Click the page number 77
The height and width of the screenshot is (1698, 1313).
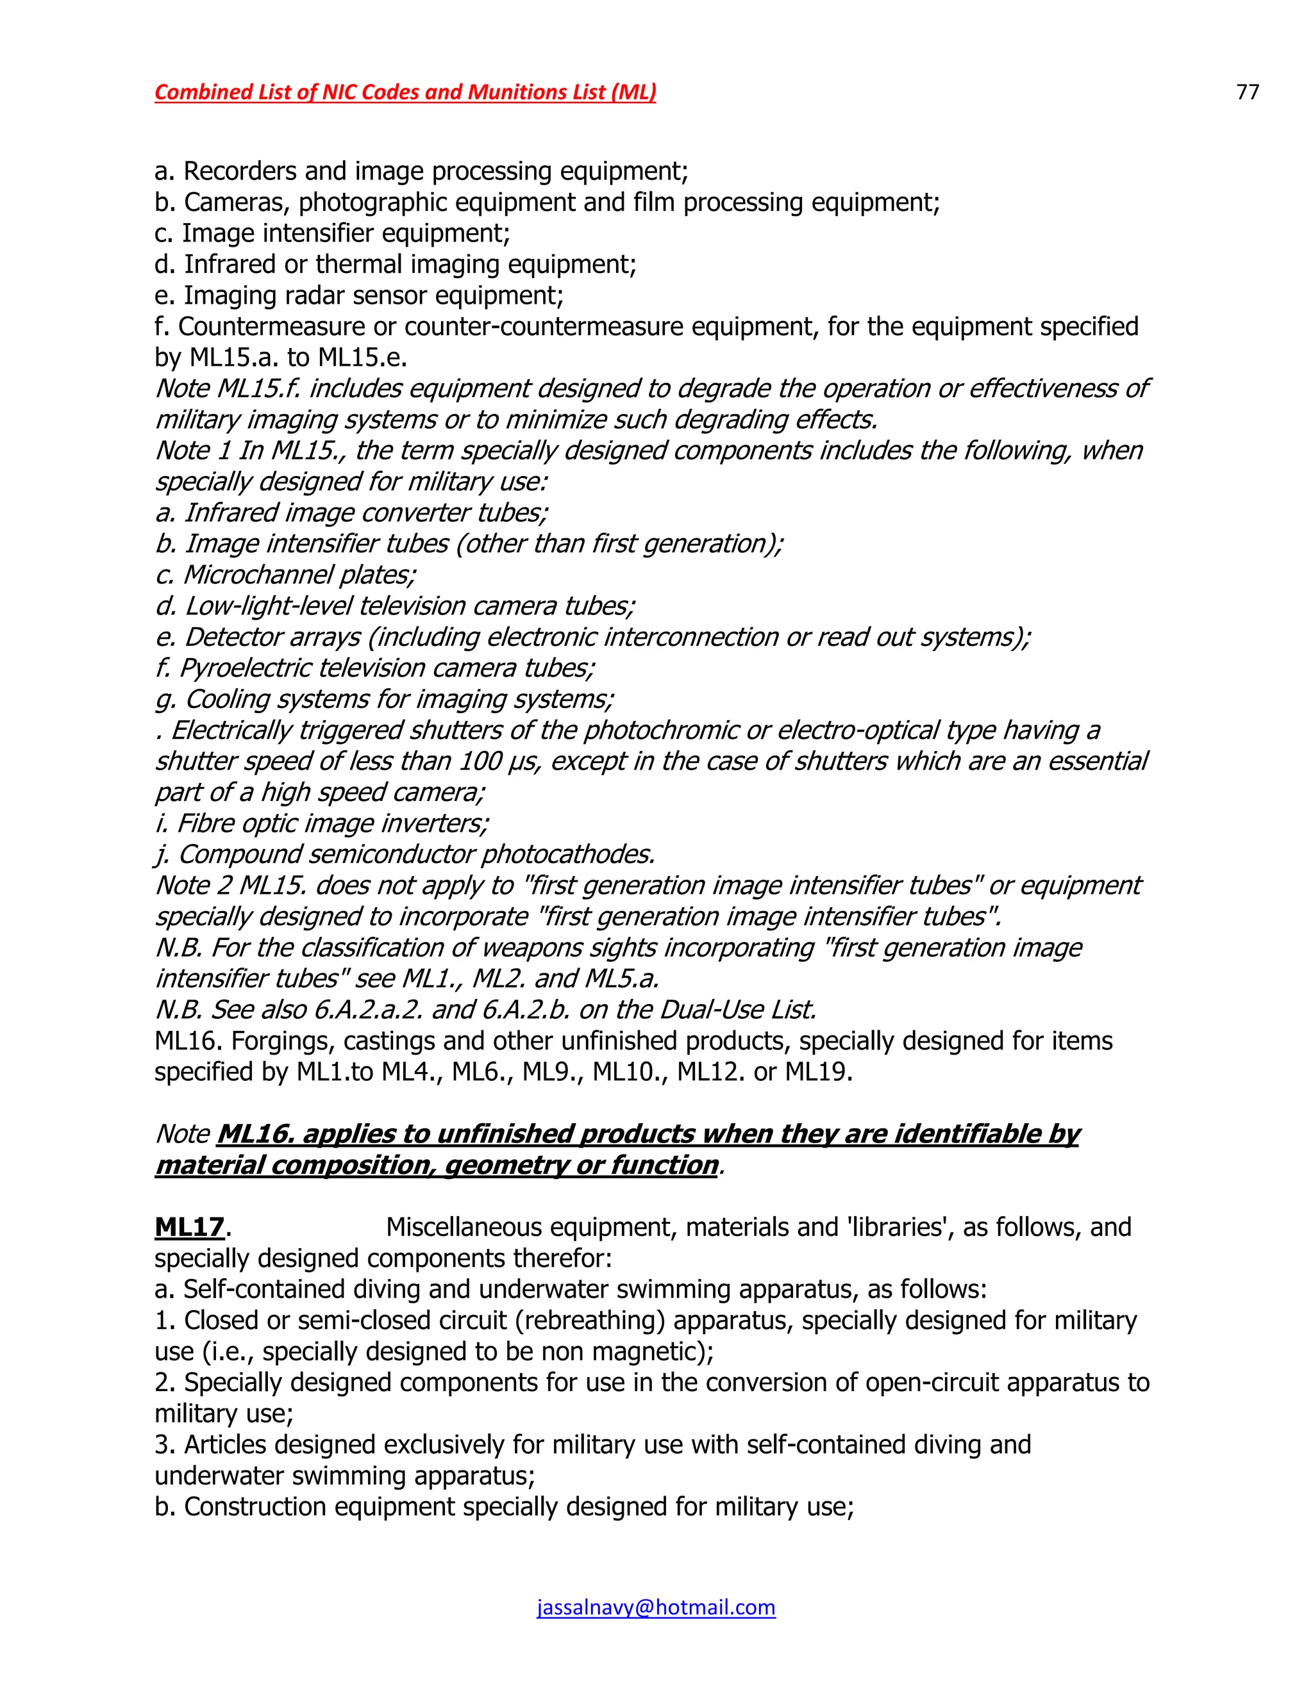pos(1247,92)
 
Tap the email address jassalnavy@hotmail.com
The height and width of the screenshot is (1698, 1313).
pos(656,1607)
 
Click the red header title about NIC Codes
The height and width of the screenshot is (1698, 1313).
pos(405,92)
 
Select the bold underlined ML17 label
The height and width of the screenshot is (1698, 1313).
pos(190,1227)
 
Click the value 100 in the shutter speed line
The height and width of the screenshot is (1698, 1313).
pos(480,761)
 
